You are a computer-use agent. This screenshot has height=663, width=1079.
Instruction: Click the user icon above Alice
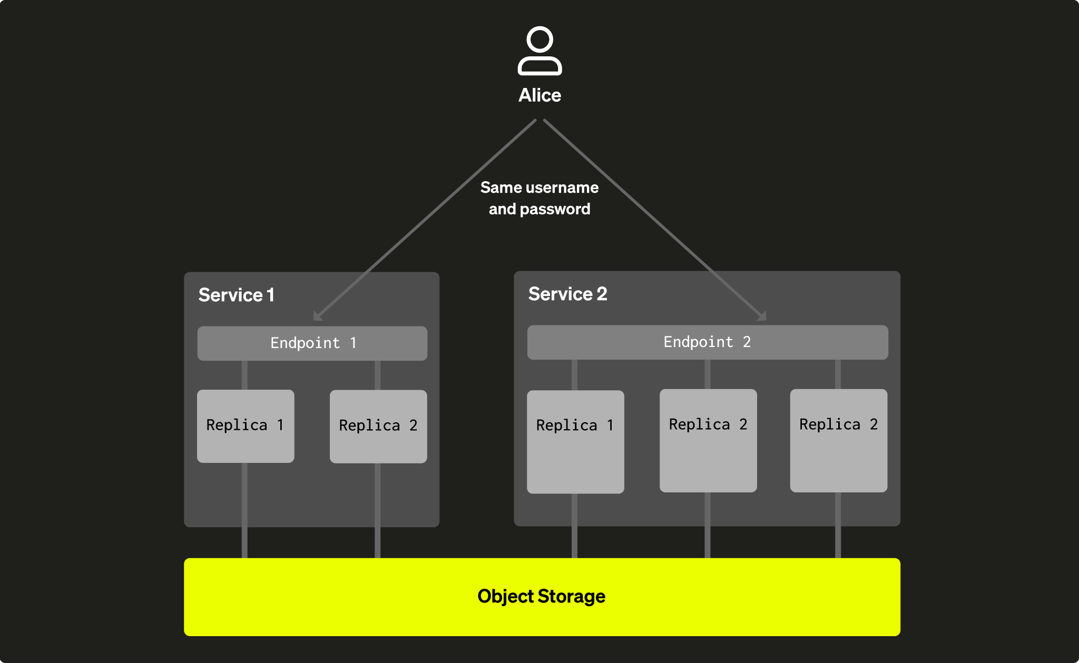coord(539,51)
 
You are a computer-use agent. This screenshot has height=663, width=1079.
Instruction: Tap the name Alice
coord(539,95)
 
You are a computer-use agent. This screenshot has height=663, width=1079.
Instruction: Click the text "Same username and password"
coord(539,198)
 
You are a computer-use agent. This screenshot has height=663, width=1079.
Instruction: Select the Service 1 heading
coord(236,295)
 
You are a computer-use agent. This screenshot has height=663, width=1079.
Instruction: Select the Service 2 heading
coord(567,294)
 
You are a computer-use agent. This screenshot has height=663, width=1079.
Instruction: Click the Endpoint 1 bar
coord(312,343)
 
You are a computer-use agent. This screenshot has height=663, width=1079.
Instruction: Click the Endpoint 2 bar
coord(707,342)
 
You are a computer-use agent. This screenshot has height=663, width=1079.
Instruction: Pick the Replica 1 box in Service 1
coord(246,426)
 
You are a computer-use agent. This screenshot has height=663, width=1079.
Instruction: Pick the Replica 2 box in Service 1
coord(378,427)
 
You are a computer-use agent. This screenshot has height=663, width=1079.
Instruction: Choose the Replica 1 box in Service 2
coord(575,442)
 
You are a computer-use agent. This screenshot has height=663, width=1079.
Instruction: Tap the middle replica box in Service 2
coord(708,441)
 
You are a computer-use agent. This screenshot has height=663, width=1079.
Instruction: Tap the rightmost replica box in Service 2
coord(838,441)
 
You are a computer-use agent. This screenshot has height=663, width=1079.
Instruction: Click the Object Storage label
coord(541,596)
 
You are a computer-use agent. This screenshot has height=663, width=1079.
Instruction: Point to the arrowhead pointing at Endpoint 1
coord(317,316)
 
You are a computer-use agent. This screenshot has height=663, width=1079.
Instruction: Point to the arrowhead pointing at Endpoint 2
coord(762,316)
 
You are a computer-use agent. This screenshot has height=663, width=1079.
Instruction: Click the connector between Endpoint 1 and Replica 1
coord(244,375)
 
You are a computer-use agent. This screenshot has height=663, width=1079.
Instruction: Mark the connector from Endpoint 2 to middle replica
coord(707,374)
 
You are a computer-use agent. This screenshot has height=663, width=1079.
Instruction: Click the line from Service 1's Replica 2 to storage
coord(377,511)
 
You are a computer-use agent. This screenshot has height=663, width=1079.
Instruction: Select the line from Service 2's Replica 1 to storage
coord(574,526)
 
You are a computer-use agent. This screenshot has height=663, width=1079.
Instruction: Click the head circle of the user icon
coord(539,39)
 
